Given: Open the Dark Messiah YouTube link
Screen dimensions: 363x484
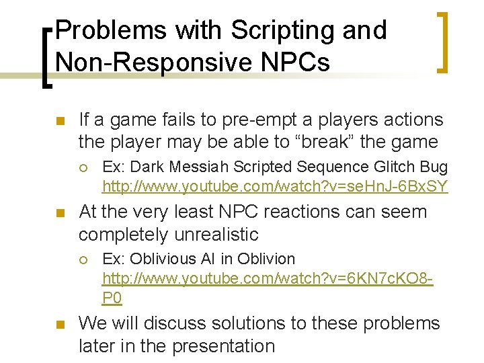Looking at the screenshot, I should (274, 186).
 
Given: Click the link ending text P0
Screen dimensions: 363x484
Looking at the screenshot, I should (112, 298).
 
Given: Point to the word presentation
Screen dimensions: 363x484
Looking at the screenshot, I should (224, 346).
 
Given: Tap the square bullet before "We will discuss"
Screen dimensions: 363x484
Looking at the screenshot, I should (58, 325).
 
